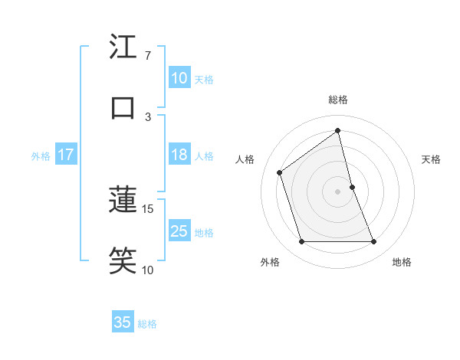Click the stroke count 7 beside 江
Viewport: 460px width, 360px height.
point(147,55)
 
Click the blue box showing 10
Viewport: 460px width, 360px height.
point(179,78)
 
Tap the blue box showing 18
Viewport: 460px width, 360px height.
point(179,155)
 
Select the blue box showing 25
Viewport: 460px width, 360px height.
point(179,231)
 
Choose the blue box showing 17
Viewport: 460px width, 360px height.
point(65,155)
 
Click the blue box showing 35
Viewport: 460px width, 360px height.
point(123,322)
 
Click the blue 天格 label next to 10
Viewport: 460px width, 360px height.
point(204,80)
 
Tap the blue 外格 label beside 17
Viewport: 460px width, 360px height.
point(41,156)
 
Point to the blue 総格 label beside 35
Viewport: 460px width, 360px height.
point(147,324)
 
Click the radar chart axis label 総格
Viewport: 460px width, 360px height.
point(338,100)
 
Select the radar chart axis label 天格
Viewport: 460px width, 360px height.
point(432,159)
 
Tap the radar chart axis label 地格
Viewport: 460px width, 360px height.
point(402,262)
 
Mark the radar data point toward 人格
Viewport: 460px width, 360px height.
point(280,172)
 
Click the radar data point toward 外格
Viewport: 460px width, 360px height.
point(301,242)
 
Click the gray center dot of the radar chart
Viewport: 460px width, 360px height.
point(338,191)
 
